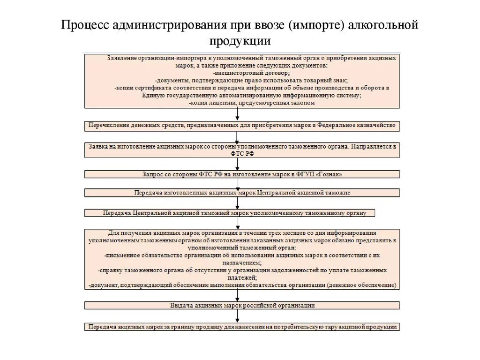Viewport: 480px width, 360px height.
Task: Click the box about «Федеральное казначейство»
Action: tap(242, 126)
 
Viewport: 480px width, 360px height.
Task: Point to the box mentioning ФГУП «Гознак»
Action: tap(242, 174)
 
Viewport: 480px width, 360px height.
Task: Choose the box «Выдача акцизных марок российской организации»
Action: tap(242, 305)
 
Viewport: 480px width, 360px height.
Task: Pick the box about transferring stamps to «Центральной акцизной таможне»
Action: tap(242, 193)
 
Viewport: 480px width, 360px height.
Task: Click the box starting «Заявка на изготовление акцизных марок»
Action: tap(242, 150)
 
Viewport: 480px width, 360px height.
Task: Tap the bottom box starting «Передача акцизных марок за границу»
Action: tap(242, 327)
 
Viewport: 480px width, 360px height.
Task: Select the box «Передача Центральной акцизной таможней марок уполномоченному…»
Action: tap(230, 213)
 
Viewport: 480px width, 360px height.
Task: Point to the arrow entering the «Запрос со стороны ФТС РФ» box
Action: tap(238, 164)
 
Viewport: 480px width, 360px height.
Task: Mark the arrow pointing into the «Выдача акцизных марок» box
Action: tap(238, 295)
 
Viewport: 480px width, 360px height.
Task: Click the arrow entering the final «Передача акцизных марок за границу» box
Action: tap(238, 317)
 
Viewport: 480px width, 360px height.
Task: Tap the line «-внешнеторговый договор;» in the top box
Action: tap(251, 73)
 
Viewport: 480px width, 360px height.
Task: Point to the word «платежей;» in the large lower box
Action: tap(242, 277)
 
